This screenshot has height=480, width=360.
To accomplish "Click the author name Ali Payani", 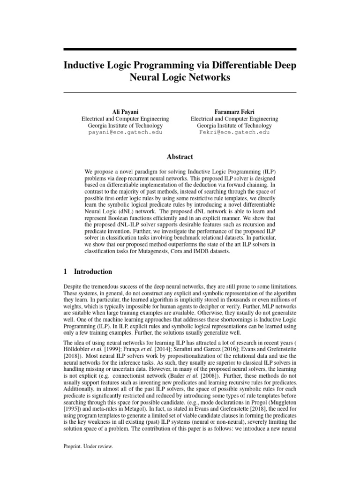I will (x=125, y=112).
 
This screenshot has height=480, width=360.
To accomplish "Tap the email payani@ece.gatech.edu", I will (x=125, y=133).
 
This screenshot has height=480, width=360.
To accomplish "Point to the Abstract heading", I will (x=180, y=157).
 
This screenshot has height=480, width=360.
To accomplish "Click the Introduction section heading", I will (x=93, y=271).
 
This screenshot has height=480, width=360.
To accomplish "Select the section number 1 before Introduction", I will (x=65, y=271).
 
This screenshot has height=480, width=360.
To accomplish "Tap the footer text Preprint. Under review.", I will (x=88, y=447).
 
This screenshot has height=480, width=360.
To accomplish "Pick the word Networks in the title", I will (x=209, y=78).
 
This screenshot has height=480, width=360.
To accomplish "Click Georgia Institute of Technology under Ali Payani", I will (x=125, y=126).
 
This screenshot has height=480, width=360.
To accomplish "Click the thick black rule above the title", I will (x=180, y=49).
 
